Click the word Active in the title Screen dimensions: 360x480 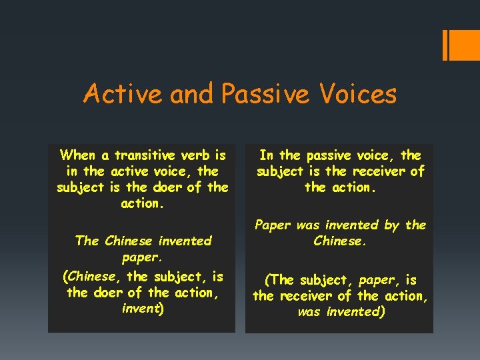123,94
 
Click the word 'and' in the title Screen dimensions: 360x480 192,94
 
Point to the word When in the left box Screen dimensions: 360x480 78,155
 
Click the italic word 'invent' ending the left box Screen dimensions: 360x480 140,308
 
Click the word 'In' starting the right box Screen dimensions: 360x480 267,155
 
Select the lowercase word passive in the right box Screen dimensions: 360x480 331,155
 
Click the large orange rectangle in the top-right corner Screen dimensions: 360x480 465,45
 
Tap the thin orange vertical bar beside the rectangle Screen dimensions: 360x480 445,45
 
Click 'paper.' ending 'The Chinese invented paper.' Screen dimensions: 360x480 143,257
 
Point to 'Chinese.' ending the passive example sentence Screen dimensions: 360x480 340,241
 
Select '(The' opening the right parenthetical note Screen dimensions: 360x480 279,280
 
